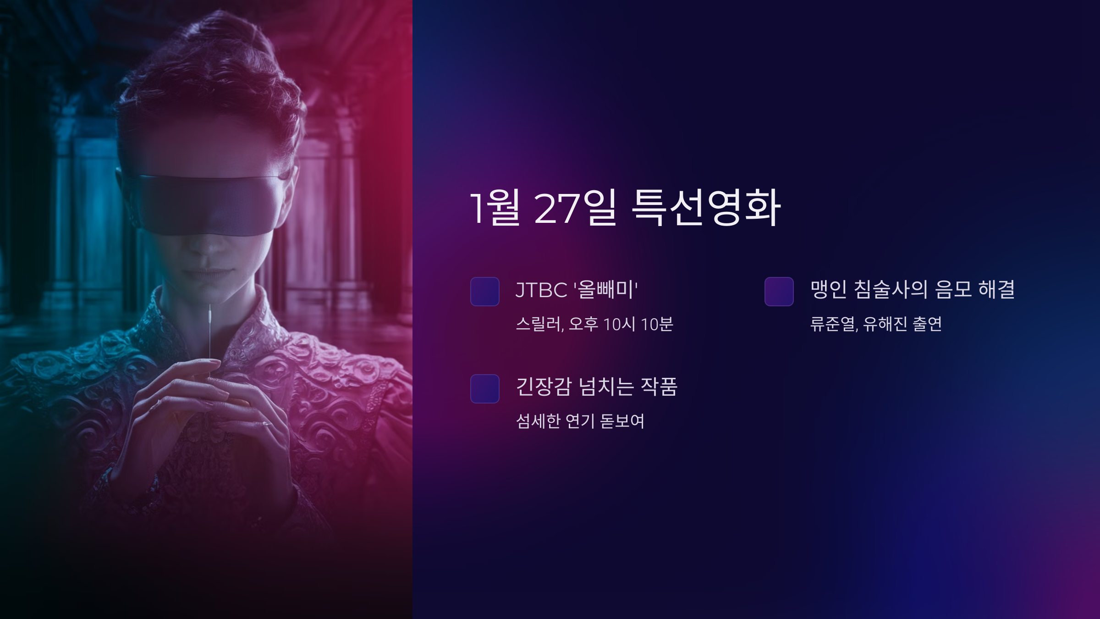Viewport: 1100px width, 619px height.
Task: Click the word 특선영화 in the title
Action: tap(706, 208)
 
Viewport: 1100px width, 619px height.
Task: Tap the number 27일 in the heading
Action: tap(575, 208)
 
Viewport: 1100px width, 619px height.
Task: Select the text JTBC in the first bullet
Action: tap(541, 290)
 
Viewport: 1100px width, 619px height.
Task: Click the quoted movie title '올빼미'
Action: tap(605, 290)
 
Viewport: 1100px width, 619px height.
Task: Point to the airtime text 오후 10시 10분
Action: tap(621, 325)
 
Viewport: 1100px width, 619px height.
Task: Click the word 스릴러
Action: tap(539, 325)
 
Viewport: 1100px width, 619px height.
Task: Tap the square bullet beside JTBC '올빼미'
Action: tap(484, 291)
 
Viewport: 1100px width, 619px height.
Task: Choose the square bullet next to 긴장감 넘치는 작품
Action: tap(484, 388)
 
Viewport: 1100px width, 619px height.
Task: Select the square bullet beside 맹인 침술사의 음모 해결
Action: tap(779, 291)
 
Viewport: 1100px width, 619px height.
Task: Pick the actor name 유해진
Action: tap(885, 325)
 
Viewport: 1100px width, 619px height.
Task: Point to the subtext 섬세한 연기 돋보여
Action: tap(580, 421)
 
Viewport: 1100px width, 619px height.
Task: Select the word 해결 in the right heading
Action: tap(996, 290)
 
